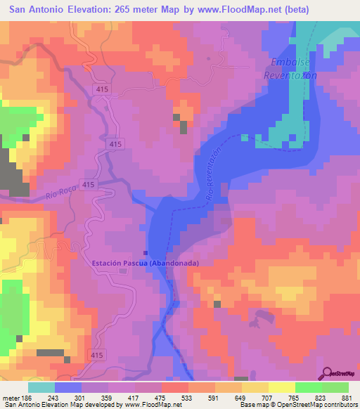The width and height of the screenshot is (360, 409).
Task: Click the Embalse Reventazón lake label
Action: pos(290,68)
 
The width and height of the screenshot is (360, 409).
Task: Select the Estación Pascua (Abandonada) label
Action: pos(145,263)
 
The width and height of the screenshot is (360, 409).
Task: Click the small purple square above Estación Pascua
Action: pos(146,254)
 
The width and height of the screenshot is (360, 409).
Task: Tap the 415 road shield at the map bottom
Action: pos(96,356)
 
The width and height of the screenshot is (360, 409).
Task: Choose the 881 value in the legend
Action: pos(347,398)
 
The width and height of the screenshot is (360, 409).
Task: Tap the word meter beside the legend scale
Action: pos(11,398)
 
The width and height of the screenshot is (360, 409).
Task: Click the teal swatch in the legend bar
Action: pos(41,387)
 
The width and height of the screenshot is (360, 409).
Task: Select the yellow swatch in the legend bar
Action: pos(282,387)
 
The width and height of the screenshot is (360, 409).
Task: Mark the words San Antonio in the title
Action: pos(30,9)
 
